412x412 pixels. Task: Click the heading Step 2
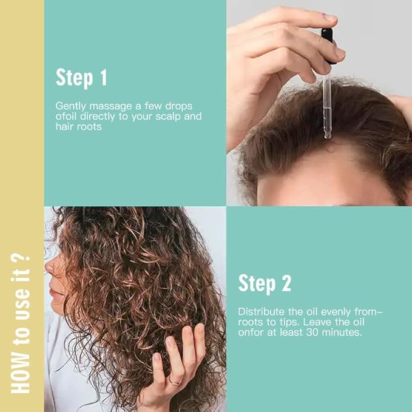click(x=265, y=283)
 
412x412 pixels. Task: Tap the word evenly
click(x=337, y=311)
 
